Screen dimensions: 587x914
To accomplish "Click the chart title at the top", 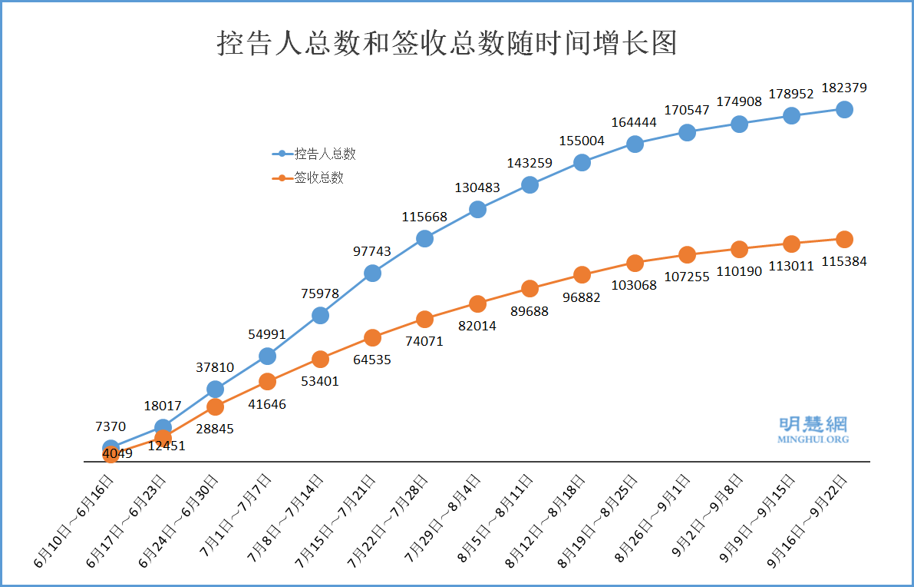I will pyautogui.click(x=447, y=43).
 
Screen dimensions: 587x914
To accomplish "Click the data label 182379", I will pyautogui.click(x=844, y=88).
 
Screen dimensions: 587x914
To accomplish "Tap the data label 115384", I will pyautogui.click(x=844, y=261).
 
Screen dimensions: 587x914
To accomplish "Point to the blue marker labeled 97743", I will pyautogui.click(x=372, y=273).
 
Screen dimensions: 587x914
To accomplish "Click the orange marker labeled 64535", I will pyautogui.click(x=372, y=337).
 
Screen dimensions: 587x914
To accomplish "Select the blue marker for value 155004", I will pyautogui.click(x=582, y=162).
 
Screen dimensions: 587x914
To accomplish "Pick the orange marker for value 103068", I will pyautogui.click(x=635, y=263).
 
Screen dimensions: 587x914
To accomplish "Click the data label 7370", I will pyautogui.click(x=111, y=426).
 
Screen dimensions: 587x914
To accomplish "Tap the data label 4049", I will pyautogui.click(x=117, y=453).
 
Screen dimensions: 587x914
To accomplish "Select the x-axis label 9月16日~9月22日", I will pyautogui.click(x=810, y=522).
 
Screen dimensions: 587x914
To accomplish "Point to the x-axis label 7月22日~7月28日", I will pyautogui.click(x=390, y=522).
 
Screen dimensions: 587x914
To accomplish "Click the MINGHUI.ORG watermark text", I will pyautogui.click(x=813, y=439).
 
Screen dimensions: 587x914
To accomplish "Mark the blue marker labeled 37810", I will pyautogui.click(x=215, y=389).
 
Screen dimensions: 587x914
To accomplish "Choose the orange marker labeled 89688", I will pyautogui.click(x=530, y=288).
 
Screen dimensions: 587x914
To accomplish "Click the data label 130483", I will pyautogui.click(x=477, y=187).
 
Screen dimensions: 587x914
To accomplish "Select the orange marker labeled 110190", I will pyautogui.click(x=739, y=249).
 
